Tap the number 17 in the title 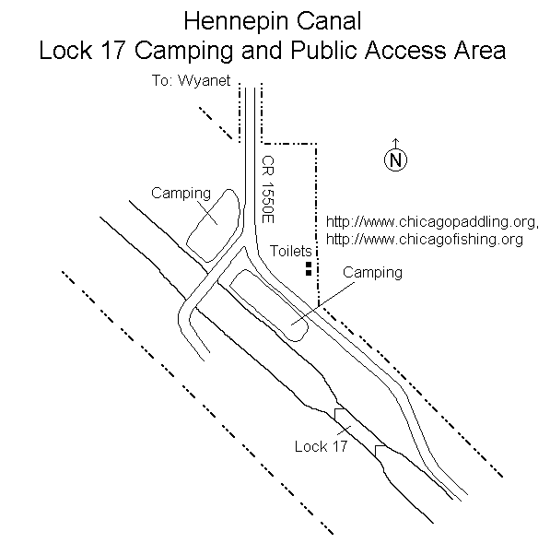tap(114, 50)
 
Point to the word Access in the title tap(405, 50)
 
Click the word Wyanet tap(205, 81)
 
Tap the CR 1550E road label tap(268, 190)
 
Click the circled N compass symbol tap(395, 160)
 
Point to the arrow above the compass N tap(395, 144)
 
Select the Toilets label tap(291, 251)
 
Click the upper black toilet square tap(309, 265)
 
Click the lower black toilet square tap(309, 272)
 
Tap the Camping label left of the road tap(181, 194)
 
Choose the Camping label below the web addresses tap(372, 273)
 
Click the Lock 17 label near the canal tap(321, 446)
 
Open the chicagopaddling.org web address tap(432, 222)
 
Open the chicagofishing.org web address tap(425, 240)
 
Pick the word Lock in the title tap(65, 50)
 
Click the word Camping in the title tap(184, 52)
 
